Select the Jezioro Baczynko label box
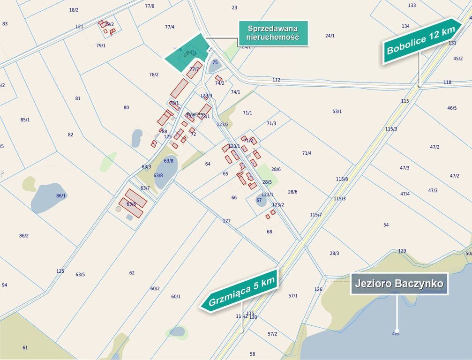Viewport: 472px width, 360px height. (399, 284)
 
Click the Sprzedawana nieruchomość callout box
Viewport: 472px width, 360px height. (273, 33)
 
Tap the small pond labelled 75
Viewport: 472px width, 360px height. (215, 64)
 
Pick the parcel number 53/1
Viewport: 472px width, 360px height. (337, 112)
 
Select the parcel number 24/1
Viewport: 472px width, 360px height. (330, 36)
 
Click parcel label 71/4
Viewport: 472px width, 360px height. (307, 153)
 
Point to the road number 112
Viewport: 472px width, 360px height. (276, 80)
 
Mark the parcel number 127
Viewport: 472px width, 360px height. (227, 221)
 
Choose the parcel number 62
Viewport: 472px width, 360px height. (132, 273)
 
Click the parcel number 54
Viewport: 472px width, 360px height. (386, 225)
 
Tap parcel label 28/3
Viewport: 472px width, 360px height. (334, 254)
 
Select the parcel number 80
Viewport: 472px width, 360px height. (126, 108)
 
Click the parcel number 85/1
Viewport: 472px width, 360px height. (25, 120)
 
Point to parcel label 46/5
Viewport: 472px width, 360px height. (452, 108)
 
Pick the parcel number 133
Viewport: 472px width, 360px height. (412, 6)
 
